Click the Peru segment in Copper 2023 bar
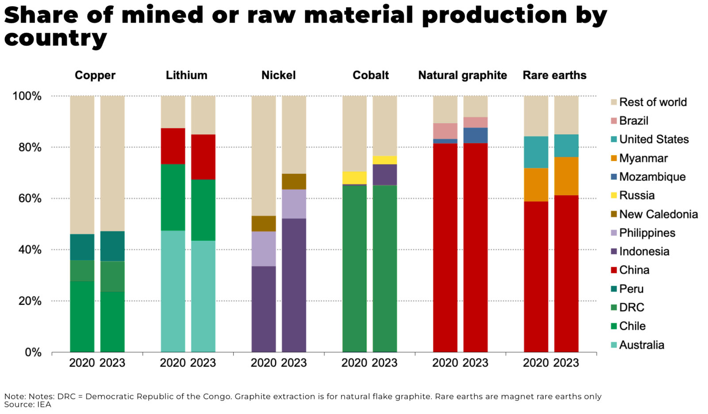tap(112, 246)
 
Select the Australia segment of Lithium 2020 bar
tap(173, 291)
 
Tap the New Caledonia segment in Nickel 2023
tap(294, 181)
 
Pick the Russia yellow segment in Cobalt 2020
tap(354, 177)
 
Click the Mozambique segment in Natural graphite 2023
tap(475, 135)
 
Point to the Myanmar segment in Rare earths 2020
tap(536, 184)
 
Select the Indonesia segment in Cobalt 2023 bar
tap(385, 175)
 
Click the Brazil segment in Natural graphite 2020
tap(445, 131)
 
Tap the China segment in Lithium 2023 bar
tap(203, 157)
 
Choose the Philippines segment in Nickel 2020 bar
tap(264, 249)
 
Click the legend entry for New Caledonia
tap(658, 215)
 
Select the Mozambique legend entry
tap(652, 177)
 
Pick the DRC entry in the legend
tap(631, 307)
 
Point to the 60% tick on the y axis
tap(30, 199)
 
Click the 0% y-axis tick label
tap(33, 353)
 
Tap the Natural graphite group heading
tap(462, 76)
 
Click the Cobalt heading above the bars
tap(370, 76)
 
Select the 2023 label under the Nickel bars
tap(294, 363)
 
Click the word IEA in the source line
tap(44, 405)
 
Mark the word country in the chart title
tap(55, 38)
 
